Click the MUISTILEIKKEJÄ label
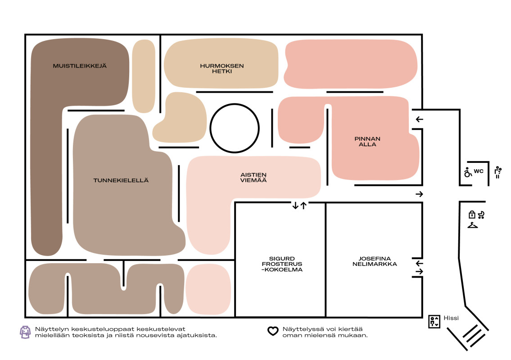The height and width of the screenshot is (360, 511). (x=80, y=66)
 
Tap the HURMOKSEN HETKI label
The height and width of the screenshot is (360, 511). (x=222, y=68)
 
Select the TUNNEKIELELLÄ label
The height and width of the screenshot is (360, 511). (x=121, y=180)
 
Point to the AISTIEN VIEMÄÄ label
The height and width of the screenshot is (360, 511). (x=253, y=178)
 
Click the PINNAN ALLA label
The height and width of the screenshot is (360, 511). (x=368, y=141)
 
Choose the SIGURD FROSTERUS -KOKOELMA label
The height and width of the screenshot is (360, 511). (x=282, y=264)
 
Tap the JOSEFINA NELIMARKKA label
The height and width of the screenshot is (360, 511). (x=375, y=261)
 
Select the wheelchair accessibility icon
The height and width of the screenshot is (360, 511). (x=468, y=172)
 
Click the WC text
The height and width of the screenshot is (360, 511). (x=479, y=171)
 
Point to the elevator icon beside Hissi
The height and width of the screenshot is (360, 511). (x=434, y=322)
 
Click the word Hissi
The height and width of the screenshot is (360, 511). (x=451, y=318)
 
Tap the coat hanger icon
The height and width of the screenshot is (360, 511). (x=473, y=225)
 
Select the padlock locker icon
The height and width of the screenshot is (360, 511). (x=472, y=214)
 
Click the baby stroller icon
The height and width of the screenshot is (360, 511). (x=481, y=215)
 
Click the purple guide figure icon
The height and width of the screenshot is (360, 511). (x=25, y=332)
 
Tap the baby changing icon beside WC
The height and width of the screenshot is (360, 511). (x=497, y=172)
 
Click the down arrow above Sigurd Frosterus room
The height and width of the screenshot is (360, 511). (x=295, y=205)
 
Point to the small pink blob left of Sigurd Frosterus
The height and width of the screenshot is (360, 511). (x=208, y=289)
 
